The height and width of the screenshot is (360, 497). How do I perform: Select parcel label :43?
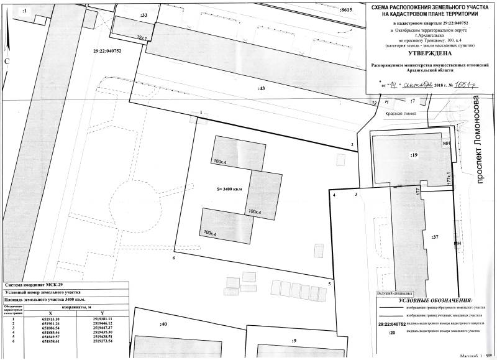point(261,89)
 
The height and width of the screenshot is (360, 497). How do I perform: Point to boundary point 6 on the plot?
point(174,257)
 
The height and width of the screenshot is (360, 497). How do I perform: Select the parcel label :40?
point(164,325)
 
